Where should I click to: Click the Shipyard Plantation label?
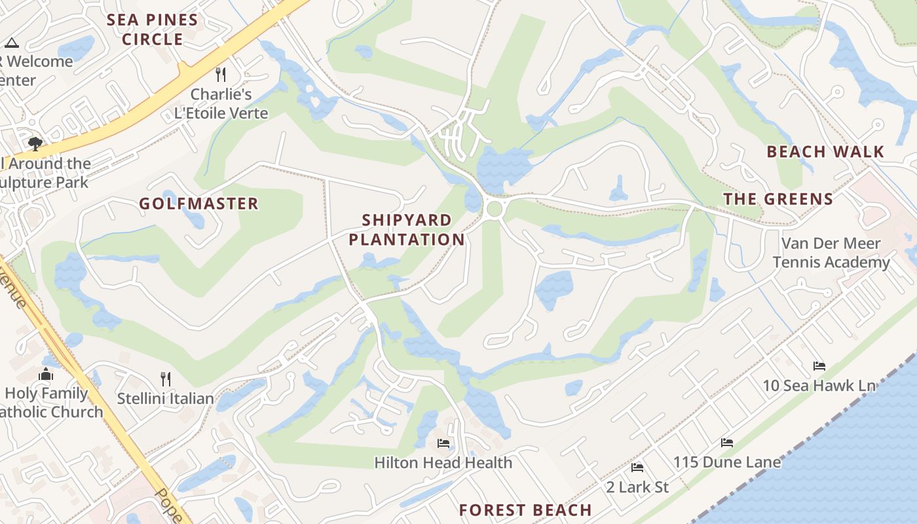[406, 229]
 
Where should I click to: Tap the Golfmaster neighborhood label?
[198, 204]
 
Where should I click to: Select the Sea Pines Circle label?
[153, 29]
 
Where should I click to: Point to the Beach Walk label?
[825, 152]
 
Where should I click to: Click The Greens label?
[778, 199]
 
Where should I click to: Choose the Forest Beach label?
[525, 510]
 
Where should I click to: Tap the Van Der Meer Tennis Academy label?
[831, 253]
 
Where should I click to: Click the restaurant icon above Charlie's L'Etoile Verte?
[221, 75]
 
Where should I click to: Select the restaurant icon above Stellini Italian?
[166, 379]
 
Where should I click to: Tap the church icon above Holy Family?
[46, 374]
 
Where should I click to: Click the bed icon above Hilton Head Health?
[443, 443]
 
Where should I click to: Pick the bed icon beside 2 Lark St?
[637, 468]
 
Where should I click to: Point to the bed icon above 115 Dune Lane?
[727, 443]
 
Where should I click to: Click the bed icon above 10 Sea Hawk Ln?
[819, 365]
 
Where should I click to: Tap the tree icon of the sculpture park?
[35, 143]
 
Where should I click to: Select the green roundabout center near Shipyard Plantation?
[495, 209]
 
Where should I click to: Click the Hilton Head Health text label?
[443, 462]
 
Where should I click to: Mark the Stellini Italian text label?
[165, 398]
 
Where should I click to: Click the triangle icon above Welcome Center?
[11, 43]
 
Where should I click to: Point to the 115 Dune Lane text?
[727, 462]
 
